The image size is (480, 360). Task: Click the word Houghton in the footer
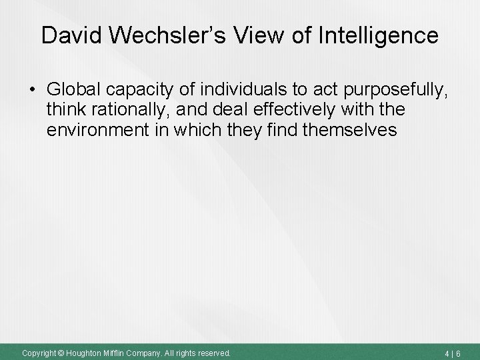click(83, 351)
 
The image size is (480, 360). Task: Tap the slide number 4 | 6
click(459, 351)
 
